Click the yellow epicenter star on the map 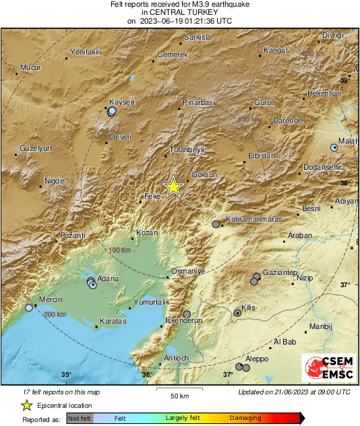click(173, 187)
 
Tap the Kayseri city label click(122, 102)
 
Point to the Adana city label click(108, 278)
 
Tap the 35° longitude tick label click(66, 375)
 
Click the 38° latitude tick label click(344, 183)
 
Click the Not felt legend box click(80, 419)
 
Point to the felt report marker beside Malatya click(334, 147)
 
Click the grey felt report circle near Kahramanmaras click(216, 224)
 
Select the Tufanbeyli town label click(186, 150)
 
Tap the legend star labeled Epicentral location click(26, 406)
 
